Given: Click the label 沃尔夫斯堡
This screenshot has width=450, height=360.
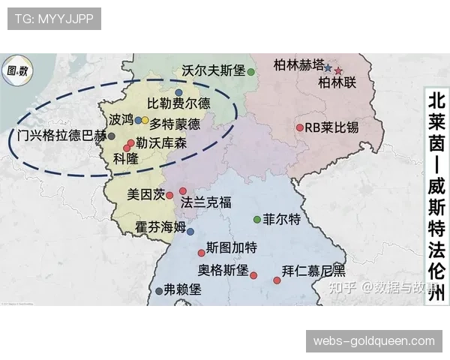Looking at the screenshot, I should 214,70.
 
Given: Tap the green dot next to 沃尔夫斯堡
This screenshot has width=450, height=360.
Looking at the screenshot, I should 252,72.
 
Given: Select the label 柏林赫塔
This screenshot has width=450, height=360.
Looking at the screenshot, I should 298,64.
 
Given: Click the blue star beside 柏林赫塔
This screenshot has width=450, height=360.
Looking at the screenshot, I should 328,67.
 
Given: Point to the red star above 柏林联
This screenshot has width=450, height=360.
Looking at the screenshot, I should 338,71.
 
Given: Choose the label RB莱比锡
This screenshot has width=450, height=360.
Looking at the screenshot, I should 331,127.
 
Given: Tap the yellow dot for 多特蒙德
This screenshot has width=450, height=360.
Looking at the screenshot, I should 145,120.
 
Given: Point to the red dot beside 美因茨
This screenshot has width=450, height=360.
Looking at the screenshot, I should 170,196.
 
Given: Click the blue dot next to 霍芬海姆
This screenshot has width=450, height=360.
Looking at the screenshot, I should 190,231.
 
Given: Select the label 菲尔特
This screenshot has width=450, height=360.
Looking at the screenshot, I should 281,220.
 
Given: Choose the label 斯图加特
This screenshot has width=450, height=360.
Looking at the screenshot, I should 232,247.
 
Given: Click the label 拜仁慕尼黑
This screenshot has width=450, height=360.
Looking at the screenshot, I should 313,271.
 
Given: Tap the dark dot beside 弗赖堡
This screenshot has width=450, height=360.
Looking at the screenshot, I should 158,291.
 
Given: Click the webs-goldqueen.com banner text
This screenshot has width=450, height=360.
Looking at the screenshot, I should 374,341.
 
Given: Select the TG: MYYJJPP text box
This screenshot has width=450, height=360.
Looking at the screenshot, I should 54,19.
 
